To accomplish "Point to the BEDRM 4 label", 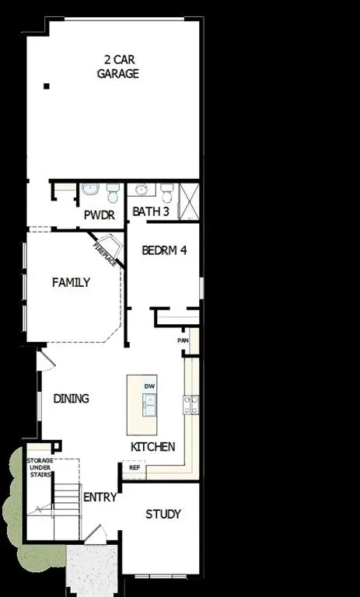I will [x=164, y=251].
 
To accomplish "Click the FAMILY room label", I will [x=71, y=283].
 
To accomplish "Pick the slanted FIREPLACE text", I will [x=105, y=255].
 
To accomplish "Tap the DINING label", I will [x=72, y=399].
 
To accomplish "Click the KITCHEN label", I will [x=152, y=447].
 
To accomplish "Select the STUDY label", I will [x=163, y=514].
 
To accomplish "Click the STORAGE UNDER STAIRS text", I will [x=41, y=470].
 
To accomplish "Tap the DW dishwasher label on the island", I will [x=149, y=386].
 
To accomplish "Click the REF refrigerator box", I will [x=134, y=468].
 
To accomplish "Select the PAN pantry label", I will [x=183, y=340].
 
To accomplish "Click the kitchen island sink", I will [x=149, y=403].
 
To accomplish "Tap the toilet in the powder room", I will [x=114, y=190].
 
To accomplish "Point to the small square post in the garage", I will [x=47, y=86].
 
